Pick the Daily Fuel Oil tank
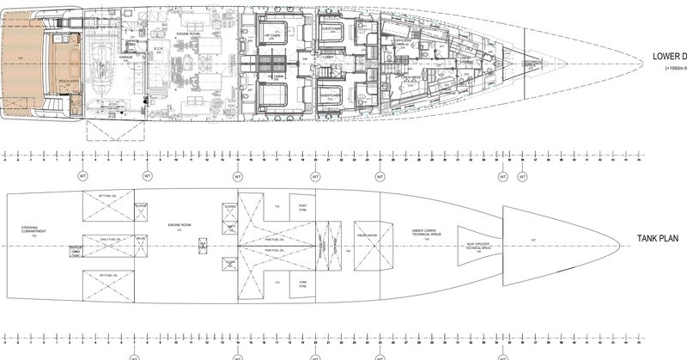[106, 238]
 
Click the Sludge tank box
[141, 205]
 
